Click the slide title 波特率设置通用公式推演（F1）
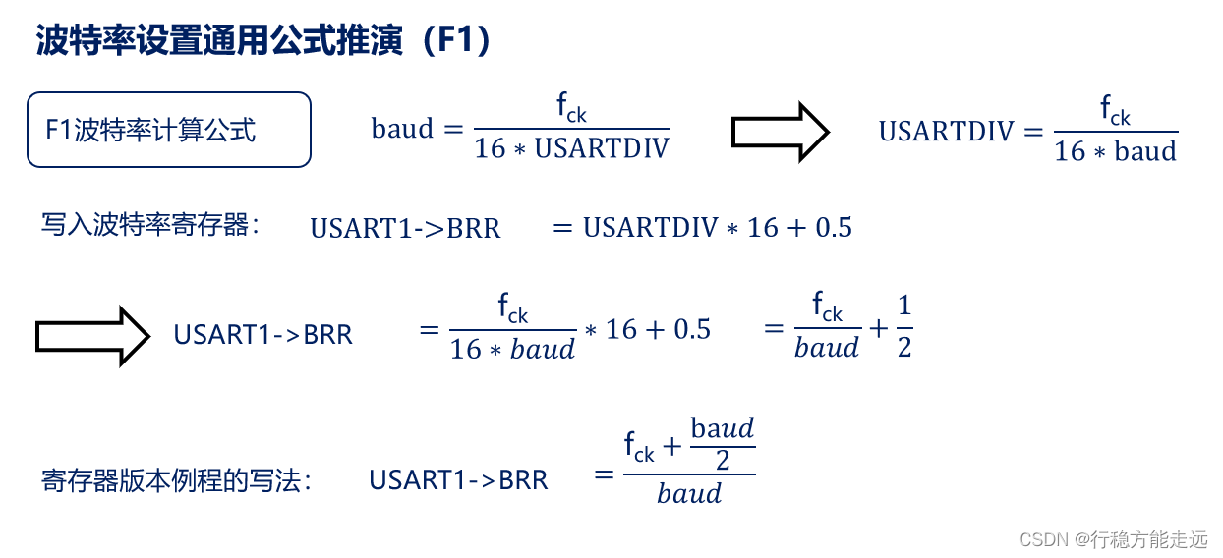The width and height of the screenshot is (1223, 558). point(263,42)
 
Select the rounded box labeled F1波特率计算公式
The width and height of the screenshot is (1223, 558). point(169,130)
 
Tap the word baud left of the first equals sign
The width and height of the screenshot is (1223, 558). point(401,129)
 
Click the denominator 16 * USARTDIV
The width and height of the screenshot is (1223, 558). point(571,148)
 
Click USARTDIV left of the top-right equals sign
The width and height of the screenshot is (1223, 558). point(945,131)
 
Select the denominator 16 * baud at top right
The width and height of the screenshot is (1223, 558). point(1115,151)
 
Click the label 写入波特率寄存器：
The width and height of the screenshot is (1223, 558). point(150,226)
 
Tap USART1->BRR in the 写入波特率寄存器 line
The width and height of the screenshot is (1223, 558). point(405,228)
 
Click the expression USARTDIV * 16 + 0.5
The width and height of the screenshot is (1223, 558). point(717,228)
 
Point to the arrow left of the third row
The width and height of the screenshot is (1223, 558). point(92,336)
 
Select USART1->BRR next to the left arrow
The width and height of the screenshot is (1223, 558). point(262,335)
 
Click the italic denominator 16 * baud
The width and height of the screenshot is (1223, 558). point(512,349)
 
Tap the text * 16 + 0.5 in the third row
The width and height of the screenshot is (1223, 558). point(647,329)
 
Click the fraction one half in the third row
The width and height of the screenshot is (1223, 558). point(904,328)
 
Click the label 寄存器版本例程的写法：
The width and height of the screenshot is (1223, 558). point(177,479)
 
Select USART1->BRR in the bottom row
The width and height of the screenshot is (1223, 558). point(458,479)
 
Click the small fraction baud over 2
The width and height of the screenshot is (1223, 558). point(723,444)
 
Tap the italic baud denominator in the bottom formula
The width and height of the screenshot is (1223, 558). point(689,493)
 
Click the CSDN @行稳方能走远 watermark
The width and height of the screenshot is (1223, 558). point(1113,539)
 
